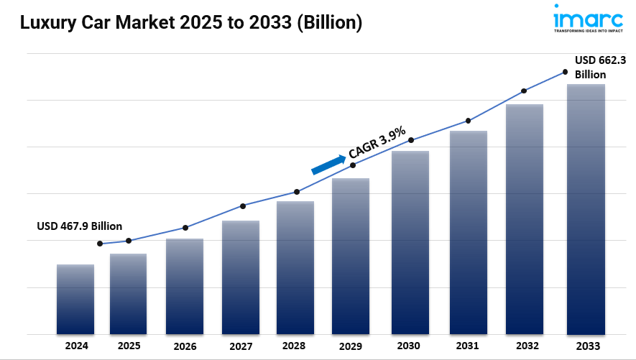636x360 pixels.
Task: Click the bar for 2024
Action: pos(75,299)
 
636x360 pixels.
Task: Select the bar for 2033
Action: pos(586,209)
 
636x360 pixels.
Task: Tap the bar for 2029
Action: pos(351,256)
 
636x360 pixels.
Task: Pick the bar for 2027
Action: pos(241,277)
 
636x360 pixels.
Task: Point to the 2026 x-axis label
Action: pos(185,346)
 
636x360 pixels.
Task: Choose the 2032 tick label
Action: pos(524,346)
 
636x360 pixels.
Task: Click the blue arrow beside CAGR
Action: pos(328,164)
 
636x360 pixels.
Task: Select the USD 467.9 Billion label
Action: pos(79,226)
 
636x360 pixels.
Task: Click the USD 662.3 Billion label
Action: pos(600,68)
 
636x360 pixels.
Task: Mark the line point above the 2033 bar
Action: pos(565,72)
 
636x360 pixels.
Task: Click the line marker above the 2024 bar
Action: pos(100,244)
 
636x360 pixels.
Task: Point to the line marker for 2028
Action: pos(296,192)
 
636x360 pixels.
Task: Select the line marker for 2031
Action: pos(468,121)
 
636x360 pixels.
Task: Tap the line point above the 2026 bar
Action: pos(185,228)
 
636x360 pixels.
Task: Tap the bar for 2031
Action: pos(469,232)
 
